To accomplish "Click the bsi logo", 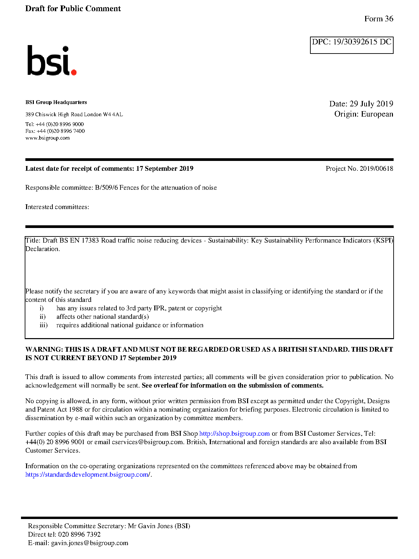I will click(51, 61).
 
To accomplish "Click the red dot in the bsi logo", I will click(73, 72).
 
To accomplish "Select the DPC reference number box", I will click(351, 45).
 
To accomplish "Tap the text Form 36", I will click(378, 19).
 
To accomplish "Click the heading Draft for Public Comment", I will click(73, 9).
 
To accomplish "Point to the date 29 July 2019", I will click(371, 104).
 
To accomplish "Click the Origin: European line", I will click(363, 114).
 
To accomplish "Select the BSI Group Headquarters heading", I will click(56, 102).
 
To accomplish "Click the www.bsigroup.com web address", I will click(47, 138).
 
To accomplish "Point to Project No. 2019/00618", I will click(359, 169).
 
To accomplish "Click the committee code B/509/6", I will click(106, 188).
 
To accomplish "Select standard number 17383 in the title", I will click(90, 241).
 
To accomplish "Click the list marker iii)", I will click(43, 325).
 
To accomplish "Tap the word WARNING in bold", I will click(44, 350).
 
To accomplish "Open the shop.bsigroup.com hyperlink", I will click(234, 434).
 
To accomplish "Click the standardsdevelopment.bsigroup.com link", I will click(88, 475).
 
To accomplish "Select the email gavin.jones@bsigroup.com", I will click(89, 543).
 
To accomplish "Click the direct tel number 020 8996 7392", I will click(79, 535).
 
